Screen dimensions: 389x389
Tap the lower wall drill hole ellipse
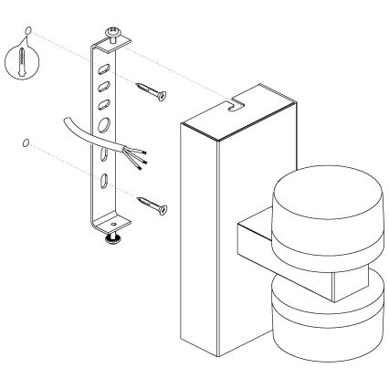[25, 143]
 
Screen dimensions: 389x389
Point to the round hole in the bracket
[105, 123]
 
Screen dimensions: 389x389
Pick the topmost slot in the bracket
[106, 68]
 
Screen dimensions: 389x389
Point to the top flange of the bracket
[118, 40]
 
